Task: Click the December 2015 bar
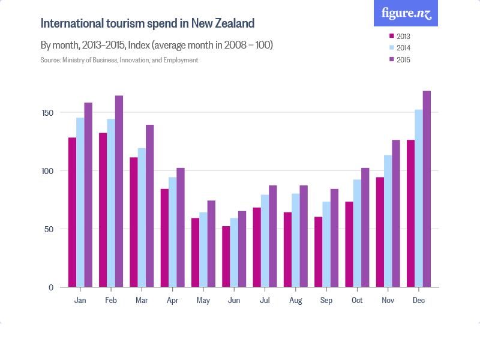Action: pyautogui.click(x=427, y=189)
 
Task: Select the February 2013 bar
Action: pyautogui.click(x=103, y=210)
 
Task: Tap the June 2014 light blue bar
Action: pyautogui.click(x=234, y=252)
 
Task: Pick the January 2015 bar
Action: pyautogui.click(x=88, y=195)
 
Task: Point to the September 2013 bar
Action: pyautogui.click(x=319, y=252)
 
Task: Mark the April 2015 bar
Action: pyautogui.click(x=181, y=227)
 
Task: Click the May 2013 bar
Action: pyautogui.click(x=196, y=252)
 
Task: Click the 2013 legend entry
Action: pyautogui.click(x=400, y=37)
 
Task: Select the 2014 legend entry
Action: pyautogui.click(x=400, y=48)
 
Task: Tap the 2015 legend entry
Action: pyautogui.click(x=400, y=59)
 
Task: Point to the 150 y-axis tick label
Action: pyautogui.click(x=48, y=113)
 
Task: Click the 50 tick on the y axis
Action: pyautogui.click(x=50, y=229)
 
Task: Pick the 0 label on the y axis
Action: pyautogui.click(x=52, y=287)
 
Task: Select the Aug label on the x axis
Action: pyautogui.click(x=295, y=300)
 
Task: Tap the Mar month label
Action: pyautogui.click(x=142, y=300)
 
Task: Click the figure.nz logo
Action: pyautogui.click(x=406, y=13)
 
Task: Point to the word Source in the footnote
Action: pyautogui.click(x=50, y=60)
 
